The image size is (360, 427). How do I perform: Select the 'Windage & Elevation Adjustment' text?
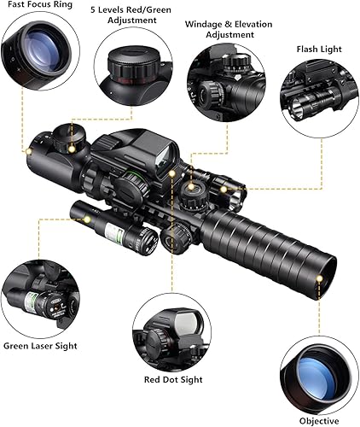(219, 29)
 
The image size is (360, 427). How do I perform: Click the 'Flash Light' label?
(319, 49)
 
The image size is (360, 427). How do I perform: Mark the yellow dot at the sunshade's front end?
(321, 278)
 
